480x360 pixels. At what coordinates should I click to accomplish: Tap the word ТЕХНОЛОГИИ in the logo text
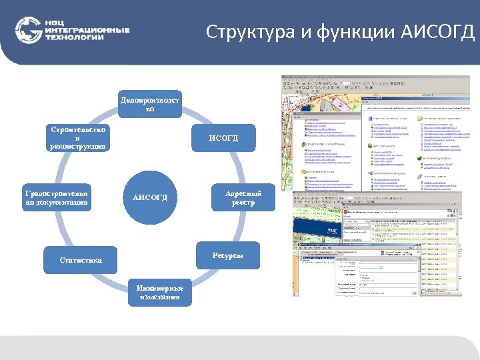tap(75, 38)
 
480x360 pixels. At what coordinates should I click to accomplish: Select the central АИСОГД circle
tap(150, 198)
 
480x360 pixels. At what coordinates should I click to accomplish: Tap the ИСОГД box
tap(223, 138)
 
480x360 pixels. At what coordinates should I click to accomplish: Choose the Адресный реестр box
tap(243, 198)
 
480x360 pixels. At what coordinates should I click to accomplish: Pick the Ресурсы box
tap(227, 256)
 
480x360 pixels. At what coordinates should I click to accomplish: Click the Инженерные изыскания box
tap(159, 292)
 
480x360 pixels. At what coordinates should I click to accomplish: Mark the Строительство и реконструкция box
tap(77, 138)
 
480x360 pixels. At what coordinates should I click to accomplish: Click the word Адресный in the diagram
tap(243, 193)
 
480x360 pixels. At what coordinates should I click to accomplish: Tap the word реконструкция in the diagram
tap(77, 147)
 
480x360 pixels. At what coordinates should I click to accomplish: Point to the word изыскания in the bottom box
tap(159, 297)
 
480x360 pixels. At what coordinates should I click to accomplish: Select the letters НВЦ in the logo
tap(55, 23)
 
